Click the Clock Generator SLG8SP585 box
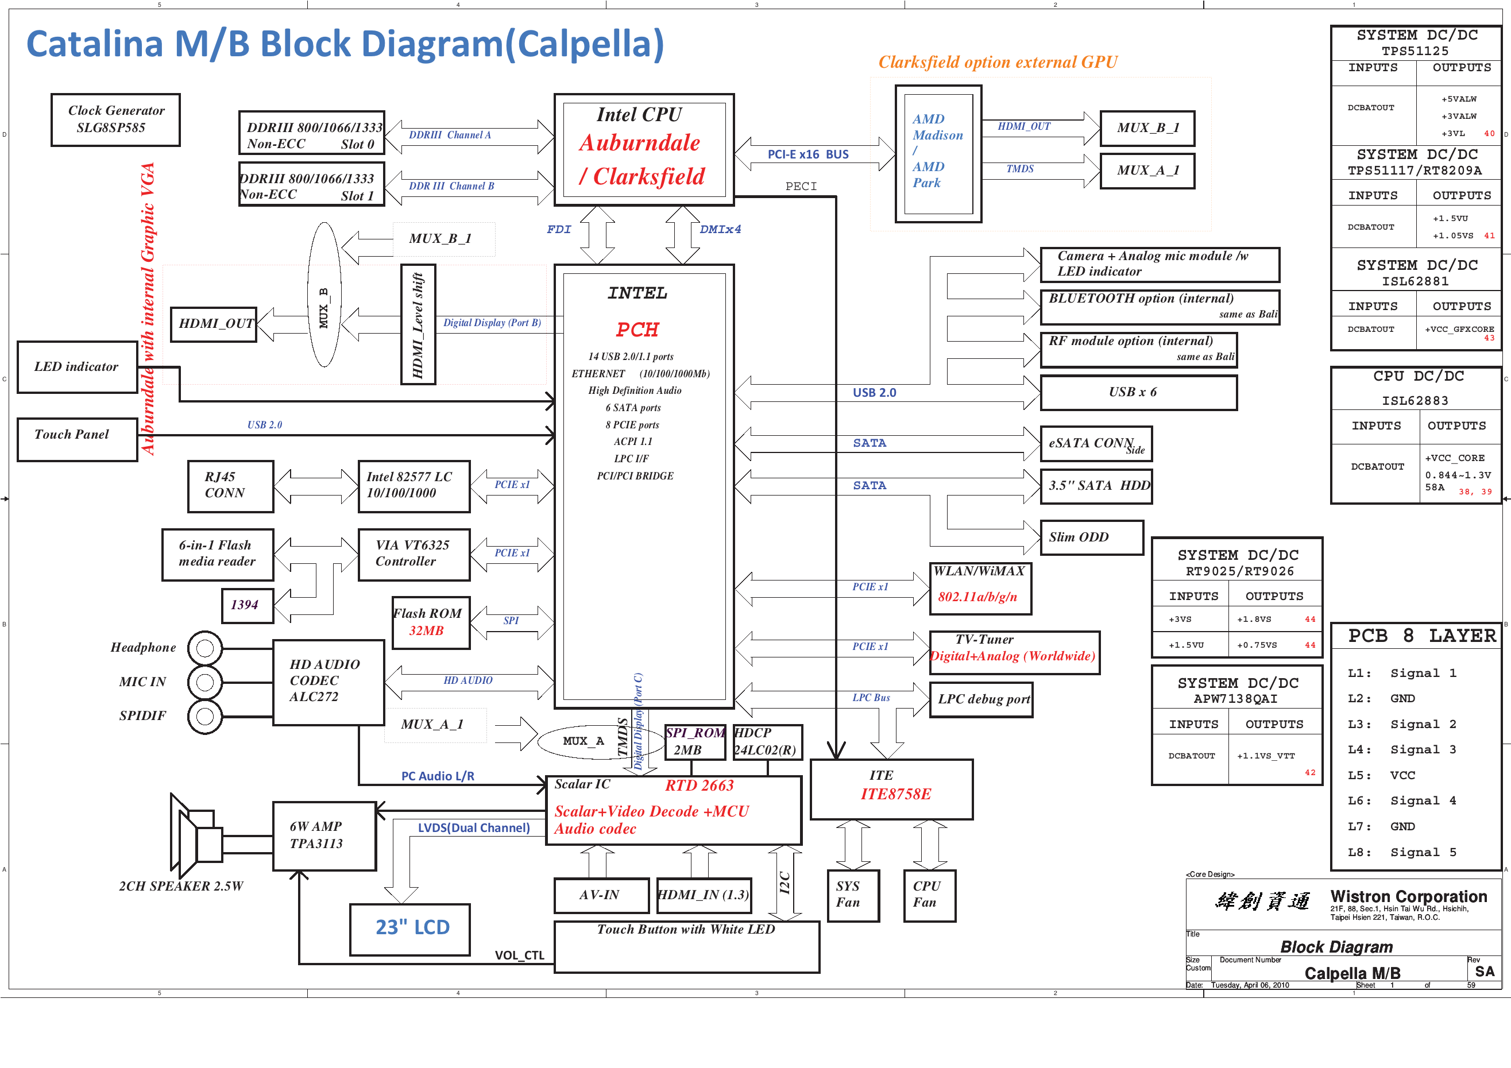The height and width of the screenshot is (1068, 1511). point(115,120)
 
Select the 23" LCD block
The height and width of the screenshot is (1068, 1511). point(410,929)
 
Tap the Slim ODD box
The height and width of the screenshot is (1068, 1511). point(1092,537)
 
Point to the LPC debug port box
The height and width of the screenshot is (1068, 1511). point(981,699)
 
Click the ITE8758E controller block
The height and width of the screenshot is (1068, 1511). point(892,790)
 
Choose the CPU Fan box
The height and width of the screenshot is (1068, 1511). point(929,896)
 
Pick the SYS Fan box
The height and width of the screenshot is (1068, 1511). point(853,896)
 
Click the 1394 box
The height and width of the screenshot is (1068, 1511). point(248,605)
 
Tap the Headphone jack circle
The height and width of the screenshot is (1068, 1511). point(206,648)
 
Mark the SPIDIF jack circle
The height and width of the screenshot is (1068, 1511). point(206,717)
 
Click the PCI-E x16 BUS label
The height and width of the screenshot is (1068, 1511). point(808,154)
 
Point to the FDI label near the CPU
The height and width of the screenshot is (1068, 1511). point(559,230)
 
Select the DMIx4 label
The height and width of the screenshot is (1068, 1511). point(720,230)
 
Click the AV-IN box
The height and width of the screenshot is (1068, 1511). point(601,896)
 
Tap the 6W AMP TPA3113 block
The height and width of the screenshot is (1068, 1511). point(324,835)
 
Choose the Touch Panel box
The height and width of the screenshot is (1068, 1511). point(77,440)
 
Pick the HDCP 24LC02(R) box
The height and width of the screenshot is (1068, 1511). point(767,742)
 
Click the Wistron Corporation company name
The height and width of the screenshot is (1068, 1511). point(1408,897)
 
